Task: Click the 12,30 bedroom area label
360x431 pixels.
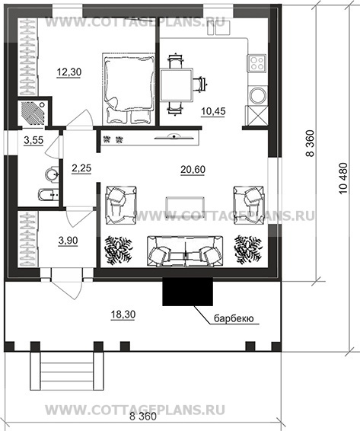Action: coord(69,72)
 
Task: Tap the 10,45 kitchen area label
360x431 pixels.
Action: coord(213,111)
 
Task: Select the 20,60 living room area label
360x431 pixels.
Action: coord(193,170)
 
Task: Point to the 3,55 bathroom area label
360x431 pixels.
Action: coord(33,140)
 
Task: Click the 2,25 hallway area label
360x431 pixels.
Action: coord(81,168)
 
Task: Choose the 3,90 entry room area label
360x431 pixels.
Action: coord(68,241)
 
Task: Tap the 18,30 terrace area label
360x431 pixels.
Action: coord(123,314)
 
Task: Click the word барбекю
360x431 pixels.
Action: coord(234,318)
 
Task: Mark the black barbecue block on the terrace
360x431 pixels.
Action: coord(188,292)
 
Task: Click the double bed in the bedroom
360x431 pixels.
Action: coord(128,88)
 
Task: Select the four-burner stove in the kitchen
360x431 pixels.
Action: coord(257,62)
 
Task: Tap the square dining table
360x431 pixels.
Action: coord(177,85)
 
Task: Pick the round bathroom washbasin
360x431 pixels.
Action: coord(53,174)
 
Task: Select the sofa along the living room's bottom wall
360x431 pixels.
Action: coord(185,251)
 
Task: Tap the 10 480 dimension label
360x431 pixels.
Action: coord(343,178)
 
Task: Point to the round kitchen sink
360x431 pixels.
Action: coord(258,95)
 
